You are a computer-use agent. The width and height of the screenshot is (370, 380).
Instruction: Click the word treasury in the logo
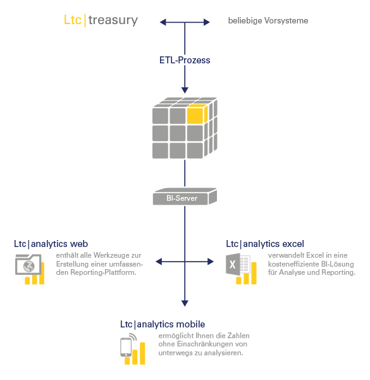pyautogui.click(x=113, y=21)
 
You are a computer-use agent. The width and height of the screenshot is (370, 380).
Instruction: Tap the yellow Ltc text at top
pyautogui.click(x=72, y=20)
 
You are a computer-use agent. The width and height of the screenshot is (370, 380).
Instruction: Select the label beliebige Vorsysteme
pyautogui.click(x=268, y=21)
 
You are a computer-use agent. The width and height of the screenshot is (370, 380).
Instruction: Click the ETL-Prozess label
pyautogui.click(x=185, y=60)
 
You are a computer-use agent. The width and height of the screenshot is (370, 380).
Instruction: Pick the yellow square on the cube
pyautogui.click(x=195, y=116)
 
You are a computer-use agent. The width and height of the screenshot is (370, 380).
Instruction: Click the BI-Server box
pyautogui.click(x=185, y=196)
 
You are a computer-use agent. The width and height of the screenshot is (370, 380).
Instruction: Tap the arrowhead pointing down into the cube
pyautogui.click(x=185, y=90)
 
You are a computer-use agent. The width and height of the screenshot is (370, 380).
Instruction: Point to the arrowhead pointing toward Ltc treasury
pyautogui.click(x=163, y=22)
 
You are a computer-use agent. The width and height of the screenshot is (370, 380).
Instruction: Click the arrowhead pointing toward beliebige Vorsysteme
pyautogui.click(x=207, y=22)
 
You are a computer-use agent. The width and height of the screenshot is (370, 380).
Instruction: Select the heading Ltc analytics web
pyautogui.click(x=51, y=244)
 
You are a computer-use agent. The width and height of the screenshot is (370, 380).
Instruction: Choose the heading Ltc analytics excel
pyautogui.click(x=265, y=244)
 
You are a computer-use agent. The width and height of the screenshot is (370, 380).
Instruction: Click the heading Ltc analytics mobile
pyautogui.click(x=163, y=324)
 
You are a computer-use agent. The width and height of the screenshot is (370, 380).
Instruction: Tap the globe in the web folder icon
pyautogui.click(x=29, y=267)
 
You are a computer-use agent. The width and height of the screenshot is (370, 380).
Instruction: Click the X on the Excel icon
pyautogui.click(x=232, y=264)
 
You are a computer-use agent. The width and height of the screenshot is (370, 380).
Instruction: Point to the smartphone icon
pyautogui.click(x=126, y=347)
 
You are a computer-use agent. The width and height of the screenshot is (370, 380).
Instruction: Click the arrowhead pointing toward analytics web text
pyautogui.click(x=159, y=262)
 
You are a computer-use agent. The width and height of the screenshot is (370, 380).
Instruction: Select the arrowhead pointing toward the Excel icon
pyautogui.click(x=211, y=262)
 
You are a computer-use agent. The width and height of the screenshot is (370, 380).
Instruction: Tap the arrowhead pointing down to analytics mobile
pyautogui.click(x=185, y=303)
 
